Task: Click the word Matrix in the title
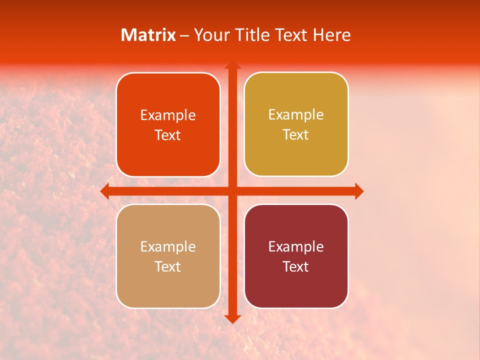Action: pos(148,35)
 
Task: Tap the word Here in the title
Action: pos(332,35)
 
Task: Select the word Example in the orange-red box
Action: pos(168,115)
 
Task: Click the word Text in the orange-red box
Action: pos(168,135)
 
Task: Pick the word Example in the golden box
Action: pos(296,115)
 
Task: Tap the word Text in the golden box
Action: pos(296,135)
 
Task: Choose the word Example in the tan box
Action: pos(168,247)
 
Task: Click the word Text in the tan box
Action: pos(168,267)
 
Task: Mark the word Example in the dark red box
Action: pos(296,247)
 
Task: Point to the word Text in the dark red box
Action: pos(296,267)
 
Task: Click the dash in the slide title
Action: pos(184,35)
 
